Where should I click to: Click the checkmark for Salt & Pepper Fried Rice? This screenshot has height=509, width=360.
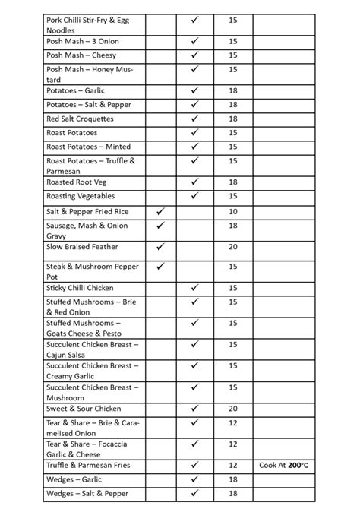[160, 211]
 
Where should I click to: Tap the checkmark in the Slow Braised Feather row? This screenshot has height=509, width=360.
[160, 247]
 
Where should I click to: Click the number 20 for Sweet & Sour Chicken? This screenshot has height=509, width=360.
[232, 409]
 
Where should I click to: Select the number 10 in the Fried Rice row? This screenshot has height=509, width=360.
[232, 211]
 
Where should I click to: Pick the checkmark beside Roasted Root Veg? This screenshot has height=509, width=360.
[195, 182]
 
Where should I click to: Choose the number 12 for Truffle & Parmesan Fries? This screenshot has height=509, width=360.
[232, 465]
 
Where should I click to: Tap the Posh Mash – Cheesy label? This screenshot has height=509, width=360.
[81, 55]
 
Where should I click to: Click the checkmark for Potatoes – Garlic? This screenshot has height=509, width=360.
[195, 90]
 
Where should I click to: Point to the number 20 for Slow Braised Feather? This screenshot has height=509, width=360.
[232, 247]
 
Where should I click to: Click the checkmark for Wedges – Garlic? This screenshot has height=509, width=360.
[195, 479]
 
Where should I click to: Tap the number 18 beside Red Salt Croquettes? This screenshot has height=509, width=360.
[232, 119]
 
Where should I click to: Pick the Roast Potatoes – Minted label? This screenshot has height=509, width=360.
[88, 147]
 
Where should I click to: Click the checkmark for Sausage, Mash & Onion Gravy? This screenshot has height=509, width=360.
[160, 226]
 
